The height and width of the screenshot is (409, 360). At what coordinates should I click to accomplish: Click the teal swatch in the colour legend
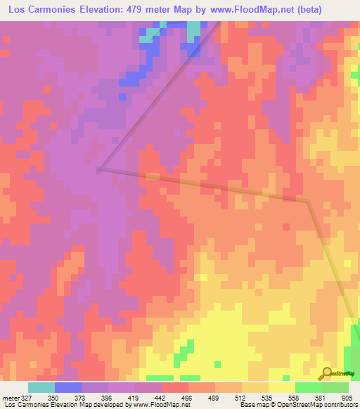point(41,387)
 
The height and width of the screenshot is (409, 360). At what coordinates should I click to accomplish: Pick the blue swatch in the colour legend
point(67,387)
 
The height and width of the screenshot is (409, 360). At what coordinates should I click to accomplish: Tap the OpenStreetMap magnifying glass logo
point(326,373)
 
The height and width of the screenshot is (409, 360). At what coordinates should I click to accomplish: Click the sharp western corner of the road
point(98,169)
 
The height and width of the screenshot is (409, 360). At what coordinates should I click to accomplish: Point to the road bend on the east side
point(308,202)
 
